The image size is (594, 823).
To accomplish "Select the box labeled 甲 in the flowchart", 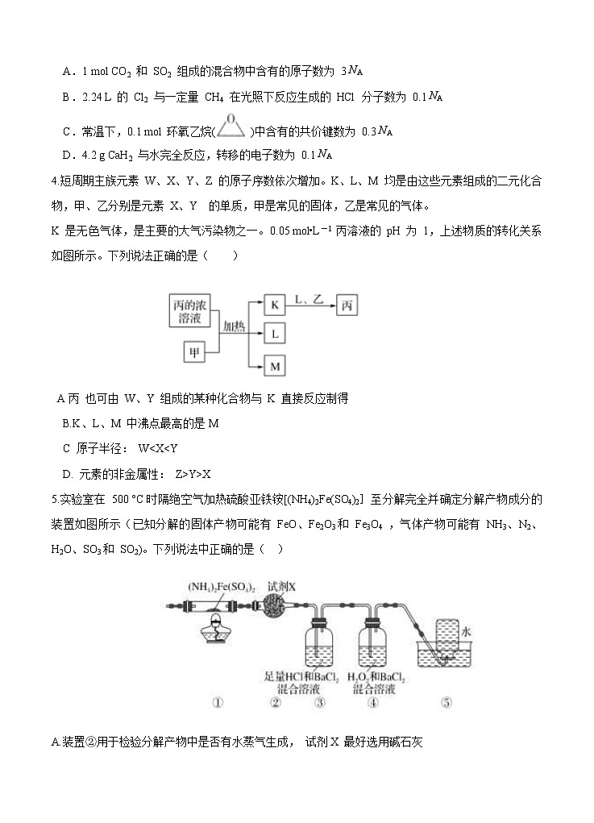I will click(x=193, y=352).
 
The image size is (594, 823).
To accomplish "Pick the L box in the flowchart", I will click(x=275, y=334).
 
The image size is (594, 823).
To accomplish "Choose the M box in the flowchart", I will click(x=275, y=367).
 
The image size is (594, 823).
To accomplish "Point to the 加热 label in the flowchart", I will click(x=234, y=326).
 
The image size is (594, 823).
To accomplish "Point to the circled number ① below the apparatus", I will click(x=217, y=702).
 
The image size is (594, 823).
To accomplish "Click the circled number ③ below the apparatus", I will click(x=320, y=702).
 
